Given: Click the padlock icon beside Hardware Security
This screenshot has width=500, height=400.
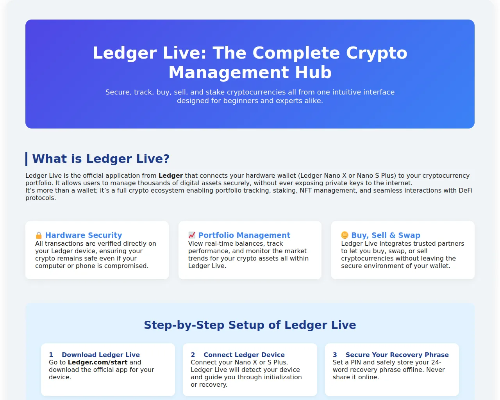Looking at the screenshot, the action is click(39, 235).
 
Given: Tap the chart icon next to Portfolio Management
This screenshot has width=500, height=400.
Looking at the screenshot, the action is click(192, 235).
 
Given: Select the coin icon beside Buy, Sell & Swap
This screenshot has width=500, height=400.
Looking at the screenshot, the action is click(345, 235).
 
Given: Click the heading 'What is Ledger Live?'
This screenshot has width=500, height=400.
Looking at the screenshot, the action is click(101, 159).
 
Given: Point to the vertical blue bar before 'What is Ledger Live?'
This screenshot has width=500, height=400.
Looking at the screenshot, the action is click(26, 159).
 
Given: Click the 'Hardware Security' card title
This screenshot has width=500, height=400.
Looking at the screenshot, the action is click(84, 235).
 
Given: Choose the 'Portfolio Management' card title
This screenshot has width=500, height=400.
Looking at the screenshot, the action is click(244, 235).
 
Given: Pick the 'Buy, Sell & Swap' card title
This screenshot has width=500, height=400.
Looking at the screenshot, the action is click(386, 235).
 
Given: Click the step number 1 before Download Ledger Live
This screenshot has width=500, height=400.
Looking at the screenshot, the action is click(51, 355).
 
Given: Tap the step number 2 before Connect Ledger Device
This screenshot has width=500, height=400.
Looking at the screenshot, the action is click(193, 355).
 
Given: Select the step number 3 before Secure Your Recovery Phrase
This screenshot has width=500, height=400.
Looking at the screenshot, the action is click(335, 355).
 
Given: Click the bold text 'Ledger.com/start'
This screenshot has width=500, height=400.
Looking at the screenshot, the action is click(98, 362).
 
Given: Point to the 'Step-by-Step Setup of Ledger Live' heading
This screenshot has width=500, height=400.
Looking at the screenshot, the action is click(250, 325).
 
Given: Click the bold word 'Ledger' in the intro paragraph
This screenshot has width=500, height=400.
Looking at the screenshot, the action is click(171, 176).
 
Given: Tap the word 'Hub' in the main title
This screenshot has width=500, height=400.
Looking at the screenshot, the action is click(313, 72).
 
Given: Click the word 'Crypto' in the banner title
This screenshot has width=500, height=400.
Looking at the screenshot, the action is click(377, 53).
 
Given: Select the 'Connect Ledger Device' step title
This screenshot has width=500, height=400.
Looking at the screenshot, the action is click(244, 355).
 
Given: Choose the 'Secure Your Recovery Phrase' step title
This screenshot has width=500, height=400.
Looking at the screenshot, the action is click(397, 355).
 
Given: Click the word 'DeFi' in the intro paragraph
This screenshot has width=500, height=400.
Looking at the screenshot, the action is click(465, 191).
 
